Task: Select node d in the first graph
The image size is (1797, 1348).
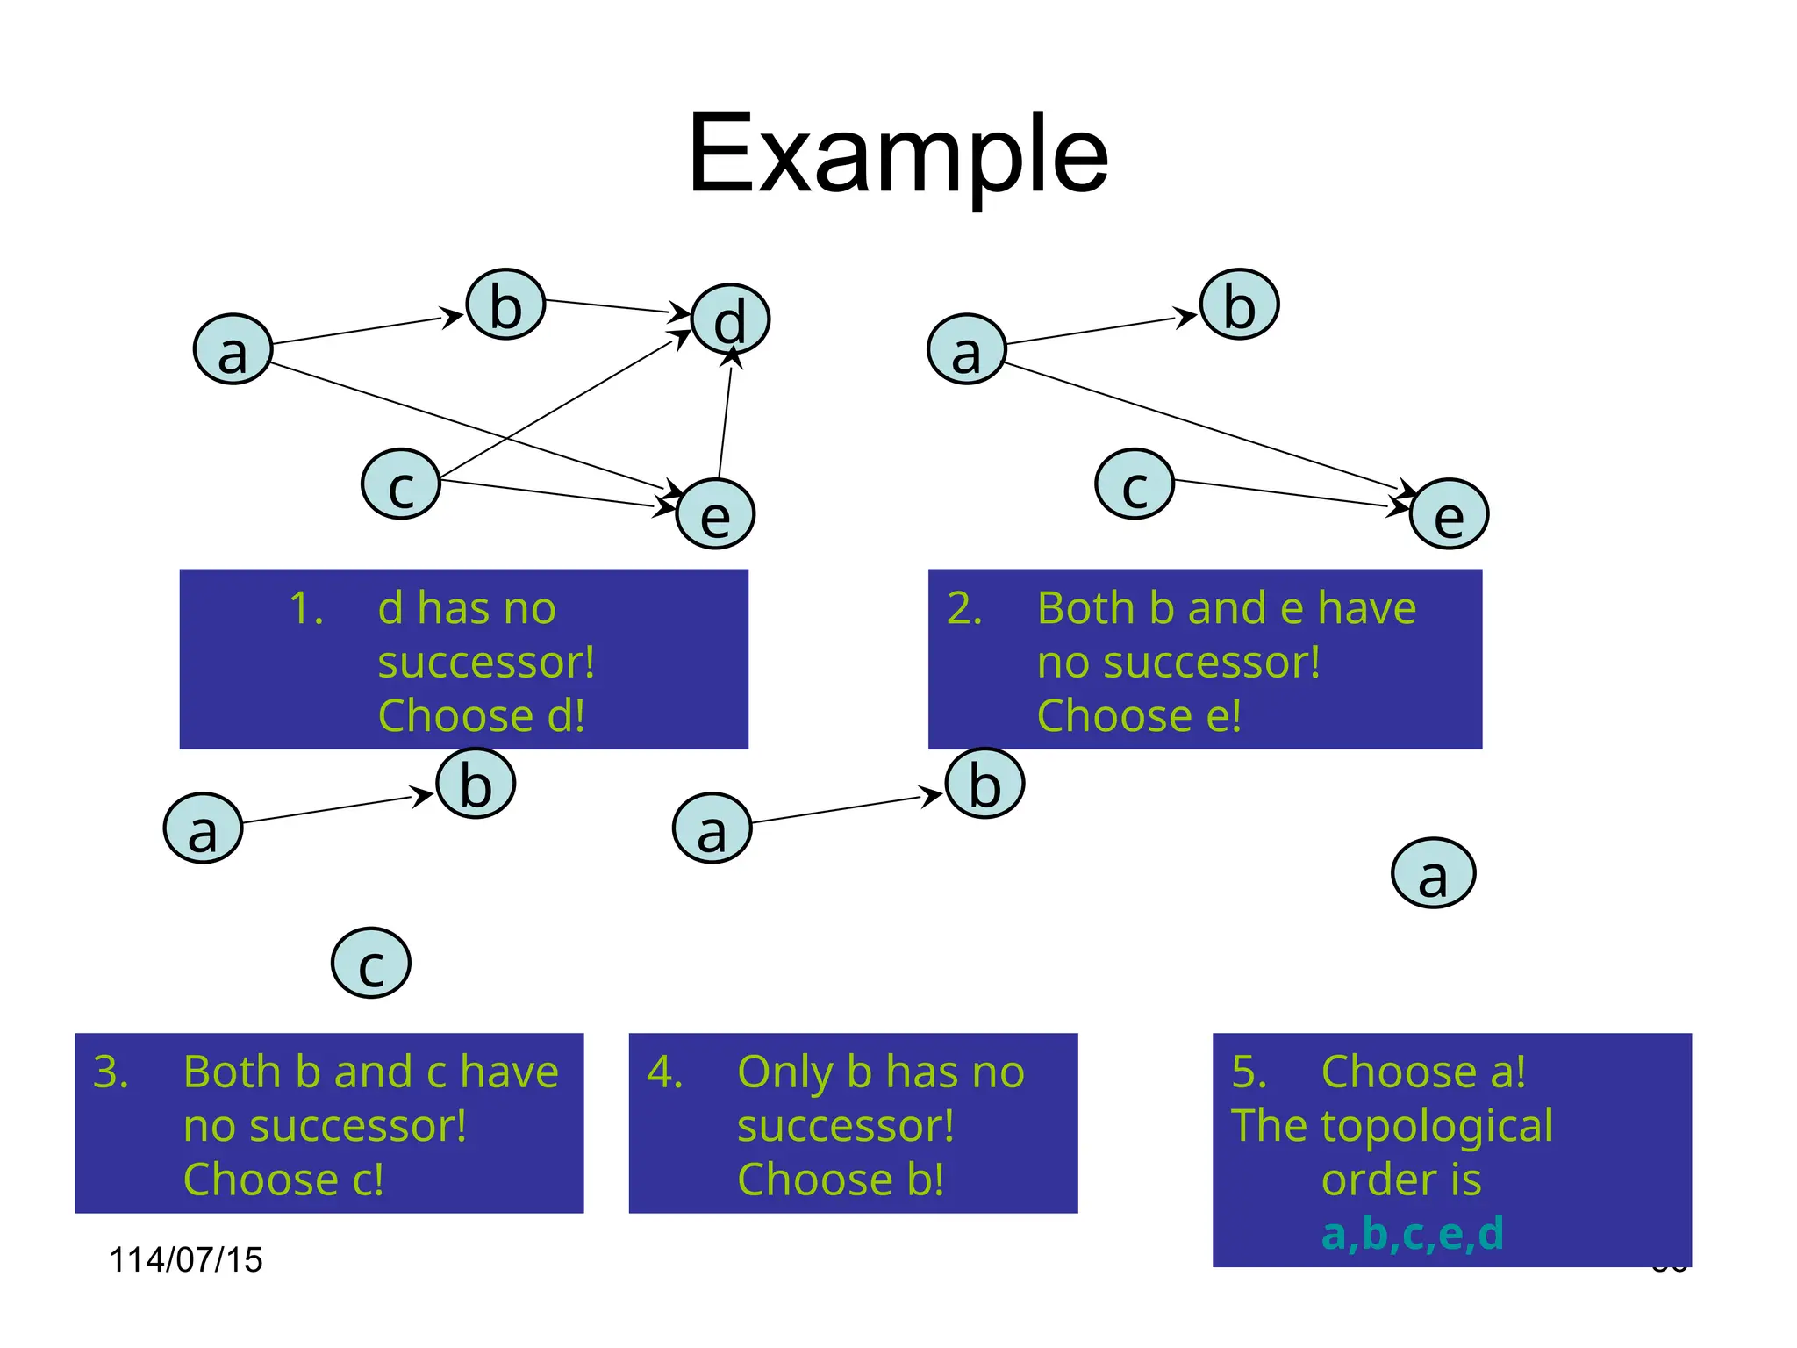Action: click(730, 320)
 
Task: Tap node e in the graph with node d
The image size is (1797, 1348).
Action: click(715, 514)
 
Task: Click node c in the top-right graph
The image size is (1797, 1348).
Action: click(1135, 484)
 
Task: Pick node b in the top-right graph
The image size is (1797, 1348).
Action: click(1239, 305)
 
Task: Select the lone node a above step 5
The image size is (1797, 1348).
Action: click(1433, 873)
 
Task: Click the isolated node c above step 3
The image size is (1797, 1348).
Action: click(371, 964)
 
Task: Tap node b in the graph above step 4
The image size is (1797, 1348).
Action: click(984, 784)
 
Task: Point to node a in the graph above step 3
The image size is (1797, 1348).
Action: click(203, 828)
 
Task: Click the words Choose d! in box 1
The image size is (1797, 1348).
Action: click(481, 716)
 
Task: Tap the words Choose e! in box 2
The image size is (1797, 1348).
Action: click(1139, 716)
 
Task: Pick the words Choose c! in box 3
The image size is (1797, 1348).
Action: click(283, 1179)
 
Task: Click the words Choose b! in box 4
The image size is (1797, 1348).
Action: click(841, 1179)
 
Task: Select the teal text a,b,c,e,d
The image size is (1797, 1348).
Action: click(1413, 1233)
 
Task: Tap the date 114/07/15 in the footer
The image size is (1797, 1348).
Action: click(185, 1259)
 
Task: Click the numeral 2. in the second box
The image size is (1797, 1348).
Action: click(964, 608)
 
